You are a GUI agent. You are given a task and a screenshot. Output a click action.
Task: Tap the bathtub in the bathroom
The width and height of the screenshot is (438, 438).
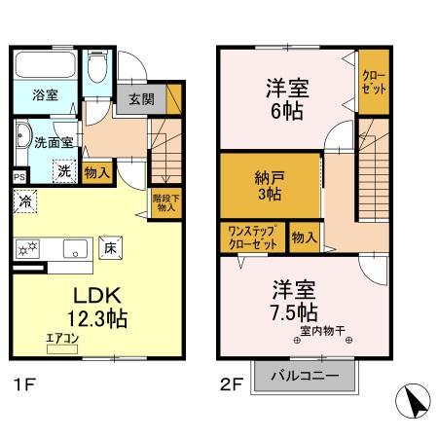(x=46, y=67)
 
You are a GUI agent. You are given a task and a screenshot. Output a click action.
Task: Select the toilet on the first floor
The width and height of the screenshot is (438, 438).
(x=96, y=67)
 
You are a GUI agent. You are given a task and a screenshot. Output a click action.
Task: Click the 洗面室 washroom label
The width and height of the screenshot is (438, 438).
(x=54, y=142)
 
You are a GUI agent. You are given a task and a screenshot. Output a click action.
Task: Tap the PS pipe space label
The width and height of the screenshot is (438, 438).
(x=19, y=176)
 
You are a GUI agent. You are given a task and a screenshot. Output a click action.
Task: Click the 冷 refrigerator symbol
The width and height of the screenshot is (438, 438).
(x=24, y=202)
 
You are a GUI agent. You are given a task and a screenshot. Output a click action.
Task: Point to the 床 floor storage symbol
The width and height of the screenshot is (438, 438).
(x=111, y=247)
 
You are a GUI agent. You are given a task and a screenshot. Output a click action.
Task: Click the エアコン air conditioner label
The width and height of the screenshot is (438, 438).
(x=60, y=338)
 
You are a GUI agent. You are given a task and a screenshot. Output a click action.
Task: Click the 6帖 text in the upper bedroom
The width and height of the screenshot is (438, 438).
(x=286, y=110)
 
